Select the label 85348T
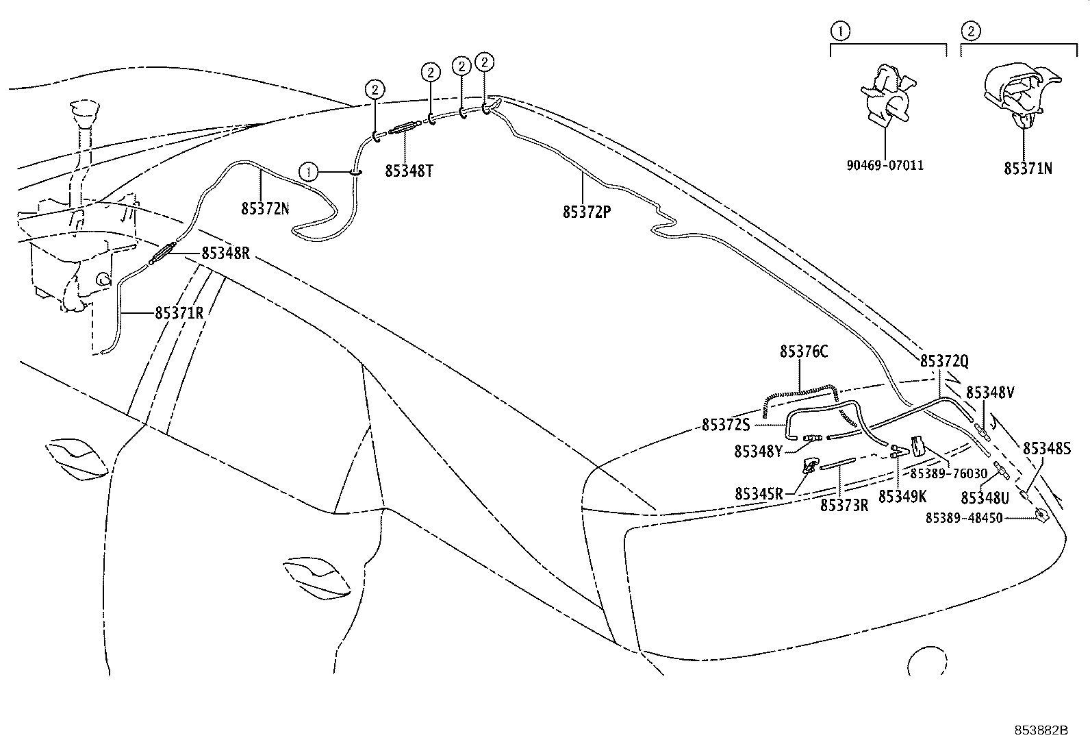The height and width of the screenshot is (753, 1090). (x=409, y=171)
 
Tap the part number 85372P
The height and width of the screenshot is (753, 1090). (x=587, y=212)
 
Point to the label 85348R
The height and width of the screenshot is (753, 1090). (x=225, y=254)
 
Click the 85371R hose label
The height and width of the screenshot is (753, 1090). (x=179, y=313)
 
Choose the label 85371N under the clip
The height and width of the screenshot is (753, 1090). (x=1028, y=169)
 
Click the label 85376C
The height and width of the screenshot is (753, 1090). (x=804, y=351)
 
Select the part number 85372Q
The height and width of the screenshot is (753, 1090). (x=944, y=361)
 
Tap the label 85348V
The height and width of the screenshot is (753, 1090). (x=990, y=393)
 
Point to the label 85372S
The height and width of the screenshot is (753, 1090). (x=726, y=425)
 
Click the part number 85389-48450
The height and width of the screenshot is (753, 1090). (x=963, y=518)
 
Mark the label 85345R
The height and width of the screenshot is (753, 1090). (x=759, y=493)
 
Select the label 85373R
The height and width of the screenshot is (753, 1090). (x=844, y=505)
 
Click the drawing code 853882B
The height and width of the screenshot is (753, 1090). (x=1041, y=730)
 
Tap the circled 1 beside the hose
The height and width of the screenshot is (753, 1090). (x=309, y=171)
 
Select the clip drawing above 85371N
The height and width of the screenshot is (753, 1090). (x=1020, y=96)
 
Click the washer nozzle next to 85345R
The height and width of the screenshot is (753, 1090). (x=810, y=467)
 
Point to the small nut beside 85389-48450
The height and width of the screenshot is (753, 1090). (x=1041, y=515)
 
